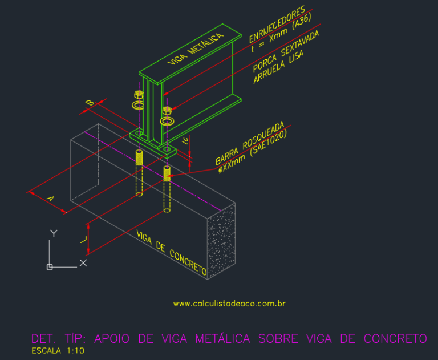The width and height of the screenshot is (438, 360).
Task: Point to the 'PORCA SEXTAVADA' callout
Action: pos(285,51)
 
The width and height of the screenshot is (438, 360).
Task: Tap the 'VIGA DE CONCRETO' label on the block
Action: pos(171,252)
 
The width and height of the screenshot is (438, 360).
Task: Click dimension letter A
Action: pos(50,199)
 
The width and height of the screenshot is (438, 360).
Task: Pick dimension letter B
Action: pos(90,103)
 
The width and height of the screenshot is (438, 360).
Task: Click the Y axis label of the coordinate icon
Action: pos(53,233)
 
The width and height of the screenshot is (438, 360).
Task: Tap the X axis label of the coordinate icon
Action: pos(83,263)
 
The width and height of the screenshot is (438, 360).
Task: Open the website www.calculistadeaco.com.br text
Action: pos(229,304)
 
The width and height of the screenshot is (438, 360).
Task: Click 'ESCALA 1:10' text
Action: pos(58,350)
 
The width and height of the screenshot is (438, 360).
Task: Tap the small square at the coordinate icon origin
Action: pos(50,266)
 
